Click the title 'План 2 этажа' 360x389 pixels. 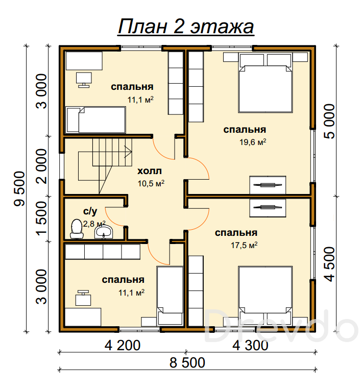186,27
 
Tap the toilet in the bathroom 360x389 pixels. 77,229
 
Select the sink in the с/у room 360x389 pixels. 104,232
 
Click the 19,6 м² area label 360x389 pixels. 253,142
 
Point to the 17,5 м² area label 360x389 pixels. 244,245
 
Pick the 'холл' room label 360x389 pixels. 149,171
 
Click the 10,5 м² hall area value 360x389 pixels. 151,183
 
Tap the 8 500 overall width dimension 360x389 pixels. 187,362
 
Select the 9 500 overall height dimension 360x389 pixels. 20,189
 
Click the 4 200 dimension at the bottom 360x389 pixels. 123,345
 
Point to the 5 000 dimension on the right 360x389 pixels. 329,121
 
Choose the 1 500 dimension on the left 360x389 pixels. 41,218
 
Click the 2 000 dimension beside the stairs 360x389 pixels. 41,166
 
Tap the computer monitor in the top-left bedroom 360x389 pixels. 84,80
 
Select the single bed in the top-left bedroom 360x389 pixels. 95,120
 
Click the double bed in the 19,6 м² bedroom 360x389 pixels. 265,83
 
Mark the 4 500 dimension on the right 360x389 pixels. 329,264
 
